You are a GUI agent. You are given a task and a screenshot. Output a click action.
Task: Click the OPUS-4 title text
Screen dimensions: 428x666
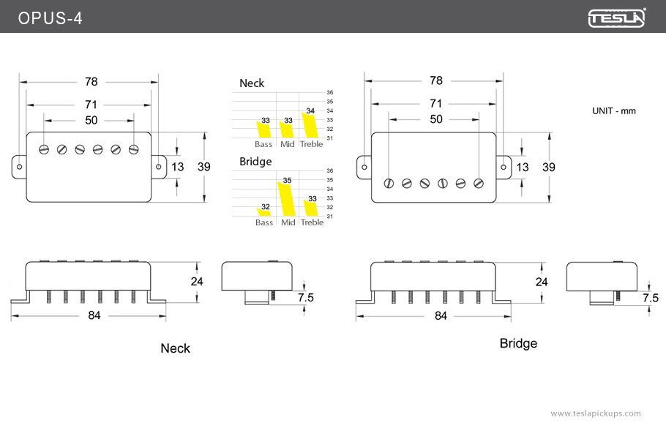click(x=50, y=18)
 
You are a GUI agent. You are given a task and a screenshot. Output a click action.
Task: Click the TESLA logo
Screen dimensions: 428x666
click(x=617, y=18)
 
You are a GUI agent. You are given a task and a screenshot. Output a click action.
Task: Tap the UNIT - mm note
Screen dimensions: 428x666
click(x=614, y=110)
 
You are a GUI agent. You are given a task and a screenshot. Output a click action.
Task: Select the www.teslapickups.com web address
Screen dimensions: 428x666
click(x=595, y=413)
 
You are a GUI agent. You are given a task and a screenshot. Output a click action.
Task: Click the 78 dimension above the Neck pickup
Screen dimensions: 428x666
click(x=91, y=81)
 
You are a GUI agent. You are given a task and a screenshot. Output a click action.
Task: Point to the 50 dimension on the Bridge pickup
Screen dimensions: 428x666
click(x=435, y=119)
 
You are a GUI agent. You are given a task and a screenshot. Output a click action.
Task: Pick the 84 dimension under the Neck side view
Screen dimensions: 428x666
click(x=94, y=315)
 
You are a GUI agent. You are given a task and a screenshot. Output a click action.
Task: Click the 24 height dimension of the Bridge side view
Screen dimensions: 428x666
click(x=542, y=282)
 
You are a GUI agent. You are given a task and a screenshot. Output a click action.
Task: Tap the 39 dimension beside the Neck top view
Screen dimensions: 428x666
click(x=203, y=167)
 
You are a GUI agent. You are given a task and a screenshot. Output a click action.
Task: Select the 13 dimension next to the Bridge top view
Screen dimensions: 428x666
click(x=522, y=167)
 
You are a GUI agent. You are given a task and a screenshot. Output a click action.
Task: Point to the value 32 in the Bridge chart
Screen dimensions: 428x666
click(x=265, y=206)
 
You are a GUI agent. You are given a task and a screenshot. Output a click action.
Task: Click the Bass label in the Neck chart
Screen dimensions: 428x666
click(x=263, y=144)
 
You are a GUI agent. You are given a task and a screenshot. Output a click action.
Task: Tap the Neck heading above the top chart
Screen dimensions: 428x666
click(x=252, y=83)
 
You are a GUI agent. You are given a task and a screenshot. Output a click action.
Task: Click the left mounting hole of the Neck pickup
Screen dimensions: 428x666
click(x=19, y=167)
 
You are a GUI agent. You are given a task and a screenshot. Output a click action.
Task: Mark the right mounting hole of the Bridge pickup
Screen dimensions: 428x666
click(x=504, y=167)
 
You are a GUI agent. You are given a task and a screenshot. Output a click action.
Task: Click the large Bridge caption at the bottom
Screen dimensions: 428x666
click(x=518, y=343)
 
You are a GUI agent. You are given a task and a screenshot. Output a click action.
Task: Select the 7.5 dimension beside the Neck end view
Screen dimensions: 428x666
click(x=306, y=298)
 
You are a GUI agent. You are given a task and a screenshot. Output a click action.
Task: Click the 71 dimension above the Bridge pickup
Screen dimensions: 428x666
click(x=435, y=103)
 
